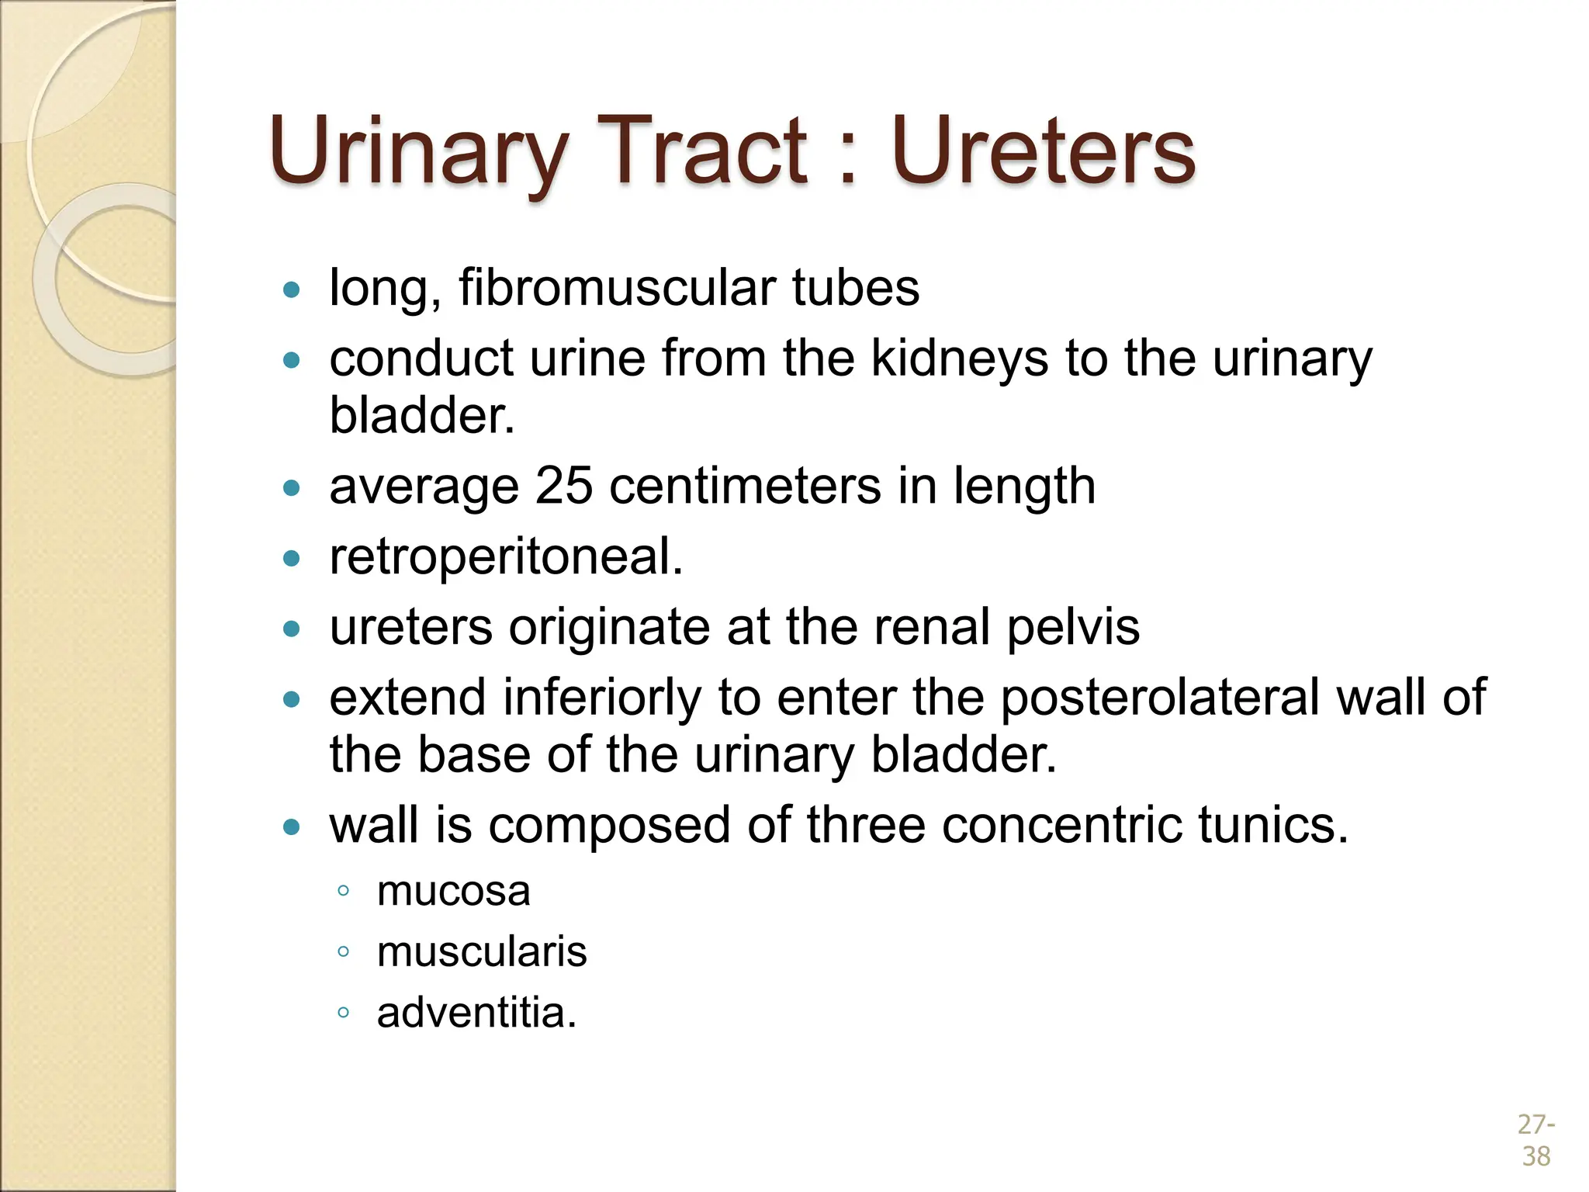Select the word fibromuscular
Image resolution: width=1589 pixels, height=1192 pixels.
pyautogui.click(x=617, y=288)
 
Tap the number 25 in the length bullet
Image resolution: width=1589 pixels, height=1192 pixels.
pyautogui.click(x=564, y=487)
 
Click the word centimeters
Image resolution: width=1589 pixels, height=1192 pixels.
pyautogui.click(x=745, y=487)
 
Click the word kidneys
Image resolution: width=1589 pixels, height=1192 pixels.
pyautogui.click(x=960, y=359)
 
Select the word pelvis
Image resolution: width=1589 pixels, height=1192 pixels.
pyautogui.click(x=1073, y=627)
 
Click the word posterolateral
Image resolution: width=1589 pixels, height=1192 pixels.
pyautogui.click(x=1160, y=697)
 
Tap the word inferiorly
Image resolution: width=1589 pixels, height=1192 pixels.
pyautogui.click(x=602, y=697)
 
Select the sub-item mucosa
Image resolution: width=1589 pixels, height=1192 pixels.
pyautogui.click(x=454, y=892)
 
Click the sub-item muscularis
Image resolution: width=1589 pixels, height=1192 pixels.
pyautogui.click(x=482, y=952)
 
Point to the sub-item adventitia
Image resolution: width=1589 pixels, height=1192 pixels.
pyautogui.click(x=476, y=1013)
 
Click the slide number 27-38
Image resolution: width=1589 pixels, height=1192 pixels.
pyautogui.click(x=1535, y=1140)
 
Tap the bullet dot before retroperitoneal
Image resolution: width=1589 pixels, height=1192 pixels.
pyautogui.click(x=292, y=559)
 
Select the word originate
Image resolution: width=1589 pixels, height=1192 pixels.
pyautogui.click(x=609, y=627)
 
